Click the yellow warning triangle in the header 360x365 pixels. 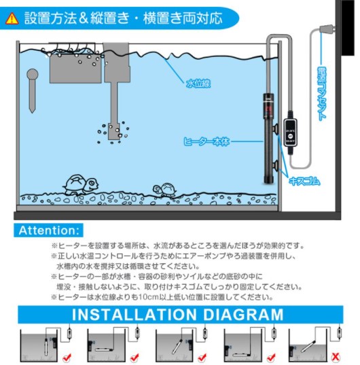pyautogui.click(x=12, y=19)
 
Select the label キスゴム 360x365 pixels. pyautogui.click(x=304, y=181)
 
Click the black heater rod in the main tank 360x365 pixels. pyautogui.click(x=270, y=136)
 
